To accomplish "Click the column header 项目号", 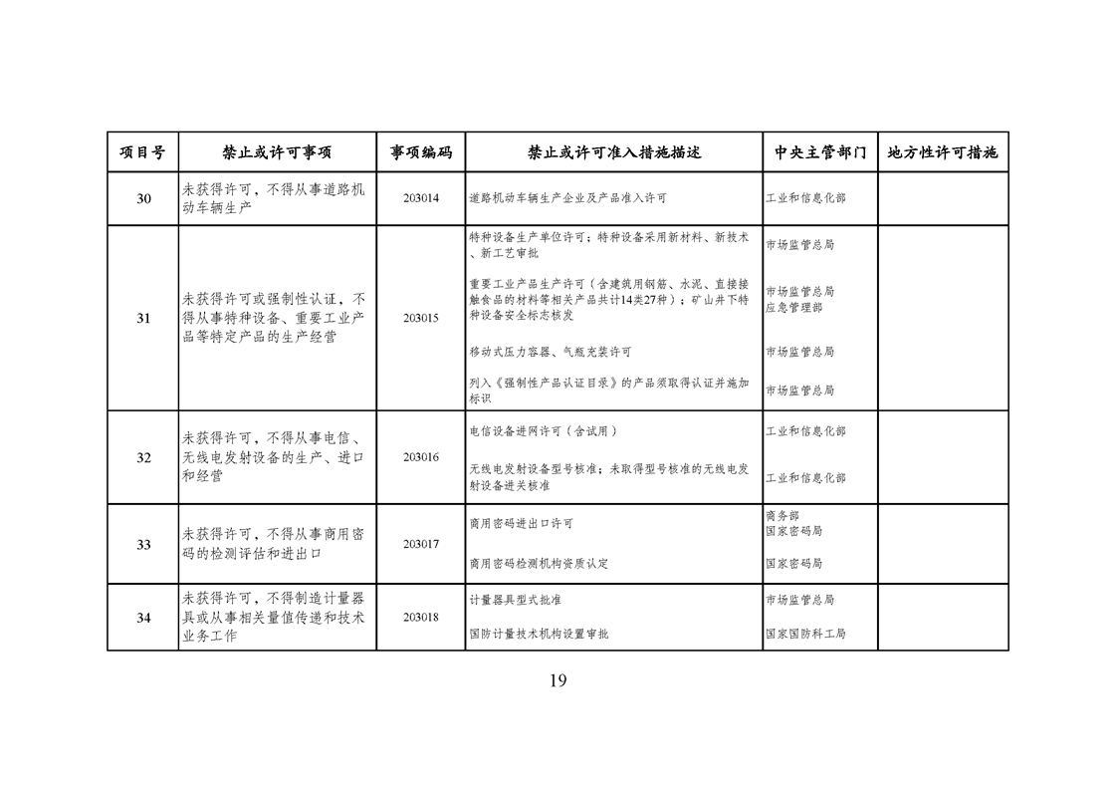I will tap(142, 153).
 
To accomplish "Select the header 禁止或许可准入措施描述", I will tap(613, 153).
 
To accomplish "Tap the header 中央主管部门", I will tap(819, 153).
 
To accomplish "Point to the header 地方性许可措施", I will tap(942, 153).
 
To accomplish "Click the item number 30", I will tap(143, 199).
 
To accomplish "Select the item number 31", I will tap(143, 319).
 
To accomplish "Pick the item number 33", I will tap(143, 545).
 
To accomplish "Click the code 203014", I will tap(420, 199).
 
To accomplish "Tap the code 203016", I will tap(420, 457).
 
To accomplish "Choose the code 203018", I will tap(420, 618).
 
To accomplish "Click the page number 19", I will tap(558, 681).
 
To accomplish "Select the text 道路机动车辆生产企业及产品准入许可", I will tap(567, 199).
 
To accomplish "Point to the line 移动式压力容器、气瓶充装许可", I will tap(550, 353).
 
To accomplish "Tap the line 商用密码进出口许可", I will tap(521, 524).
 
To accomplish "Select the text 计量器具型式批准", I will tap(515, 601).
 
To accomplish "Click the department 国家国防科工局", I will tap(805, 634).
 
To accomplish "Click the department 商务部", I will tap(782, 516).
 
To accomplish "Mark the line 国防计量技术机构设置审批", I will tap(539, 634).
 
